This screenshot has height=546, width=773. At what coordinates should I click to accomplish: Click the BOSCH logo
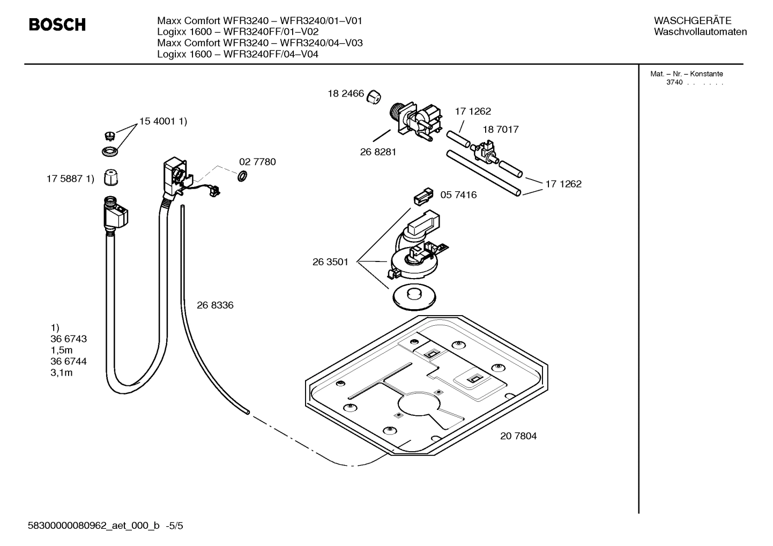click(57, 25)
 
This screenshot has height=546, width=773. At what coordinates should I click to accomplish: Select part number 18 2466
click(346, 94)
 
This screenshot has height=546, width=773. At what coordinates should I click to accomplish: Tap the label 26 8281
click(378, 152)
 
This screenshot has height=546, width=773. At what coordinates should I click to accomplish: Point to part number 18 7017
click(500, 130)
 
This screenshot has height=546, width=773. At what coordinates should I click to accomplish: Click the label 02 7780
click(257, 162)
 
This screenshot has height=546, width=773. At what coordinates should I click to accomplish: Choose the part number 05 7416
click(458, 195)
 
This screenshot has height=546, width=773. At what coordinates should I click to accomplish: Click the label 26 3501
click(330, 262)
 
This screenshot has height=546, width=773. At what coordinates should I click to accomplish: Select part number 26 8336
click(215, 305)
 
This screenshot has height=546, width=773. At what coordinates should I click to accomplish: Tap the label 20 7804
click(518, 436)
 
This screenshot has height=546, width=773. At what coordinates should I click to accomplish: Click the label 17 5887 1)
click(70, 179)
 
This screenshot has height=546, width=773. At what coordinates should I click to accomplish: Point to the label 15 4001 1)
click(163, 122)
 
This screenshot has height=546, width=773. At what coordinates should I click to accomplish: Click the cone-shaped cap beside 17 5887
click(110, 177)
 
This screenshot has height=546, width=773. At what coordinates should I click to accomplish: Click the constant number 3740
click(674, 83)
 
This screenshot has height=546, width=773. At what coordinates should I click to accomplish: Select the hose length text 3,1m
click(61, 373)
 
